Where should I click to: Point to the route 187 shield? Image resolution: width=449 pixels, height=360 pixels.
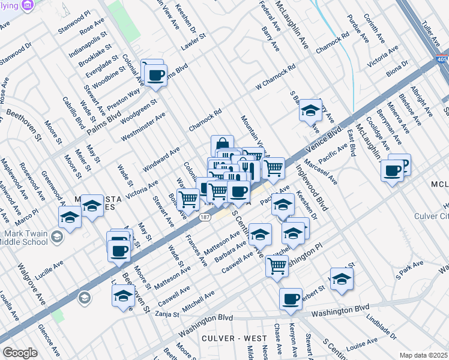point(205,218)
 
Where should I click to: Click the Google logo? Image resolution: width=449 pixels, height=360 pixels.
point(20,353)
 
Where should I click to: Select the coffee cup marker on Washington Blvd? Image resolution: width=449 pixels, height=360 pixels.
point(291,299)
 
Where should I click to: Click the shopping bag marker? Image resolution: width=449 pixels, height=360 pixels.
point(222,145)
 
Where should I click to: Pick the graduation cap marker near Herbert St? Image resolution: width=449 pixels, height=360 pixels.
point(342,279)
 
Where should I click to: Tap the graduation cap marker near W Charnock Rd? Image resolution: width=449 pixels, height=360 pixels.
point(310,110)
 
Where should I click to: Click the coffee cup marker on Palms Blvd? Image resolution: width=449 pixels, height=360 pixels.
point(155,76)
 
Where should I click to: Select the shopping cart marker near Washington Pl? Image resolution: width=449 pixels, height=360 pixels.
point(277,265)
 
